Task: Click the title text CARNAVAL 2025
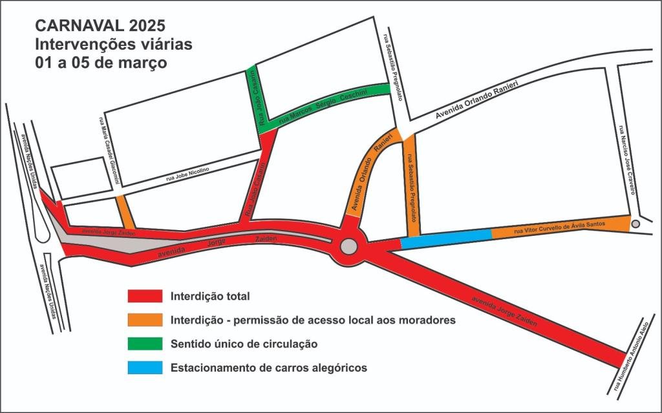101,26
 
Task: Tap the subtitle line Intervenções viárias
113,45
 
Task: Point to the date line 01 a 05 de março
101,63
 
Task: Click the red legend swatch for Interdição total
144,297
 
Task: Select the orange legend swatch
144,320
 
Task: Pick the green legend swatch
144,344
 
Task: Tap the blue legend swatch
144,368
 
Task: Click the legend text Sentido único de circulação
244,344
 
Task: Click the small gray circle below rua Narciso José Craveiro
635,224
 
